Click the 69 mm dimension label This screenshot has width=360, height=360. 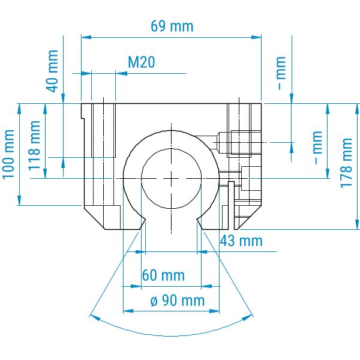coord(172,26)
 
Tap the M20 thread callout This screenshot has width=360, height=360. coord(142,62)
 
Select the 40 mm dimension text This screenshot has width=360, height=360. coord(53,71)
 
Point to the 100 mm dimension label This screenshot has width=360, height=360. coord(8,154)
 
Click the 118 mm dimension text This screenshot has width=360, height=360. coord(34,146)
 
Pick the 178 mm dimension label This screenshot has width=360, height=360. coord(346,163)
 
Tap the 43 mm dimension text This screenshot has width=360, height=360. coord(241,241)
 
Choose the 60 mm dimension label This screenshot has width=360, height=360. coord(163,275)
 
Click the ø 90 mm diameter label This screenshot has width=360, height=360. coord(178,301)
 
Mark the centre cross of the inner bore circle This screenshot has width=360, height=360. coord(171,178)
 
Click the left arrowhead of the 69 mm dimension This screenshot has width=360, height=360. coord(86,37)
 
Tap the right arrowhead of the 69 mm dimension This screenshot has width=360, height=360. coord(256,37)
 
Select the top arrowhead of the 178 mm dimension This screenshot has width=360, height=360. coord(357,109)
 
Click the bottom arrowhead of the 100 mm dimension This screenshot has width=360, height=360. coord(19,200)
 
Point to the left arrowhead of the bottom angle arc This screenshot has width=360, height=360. coord(95,317)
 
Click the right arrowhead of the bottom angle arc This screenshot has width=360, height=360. coord(247,318)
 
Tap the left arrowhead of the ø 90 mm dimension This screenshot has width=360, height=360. coord(128,311)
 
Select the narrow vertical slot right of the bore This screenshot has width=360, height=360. coord(231,205)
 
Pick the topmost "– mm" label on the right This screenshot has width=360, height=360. coord(281,73)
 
